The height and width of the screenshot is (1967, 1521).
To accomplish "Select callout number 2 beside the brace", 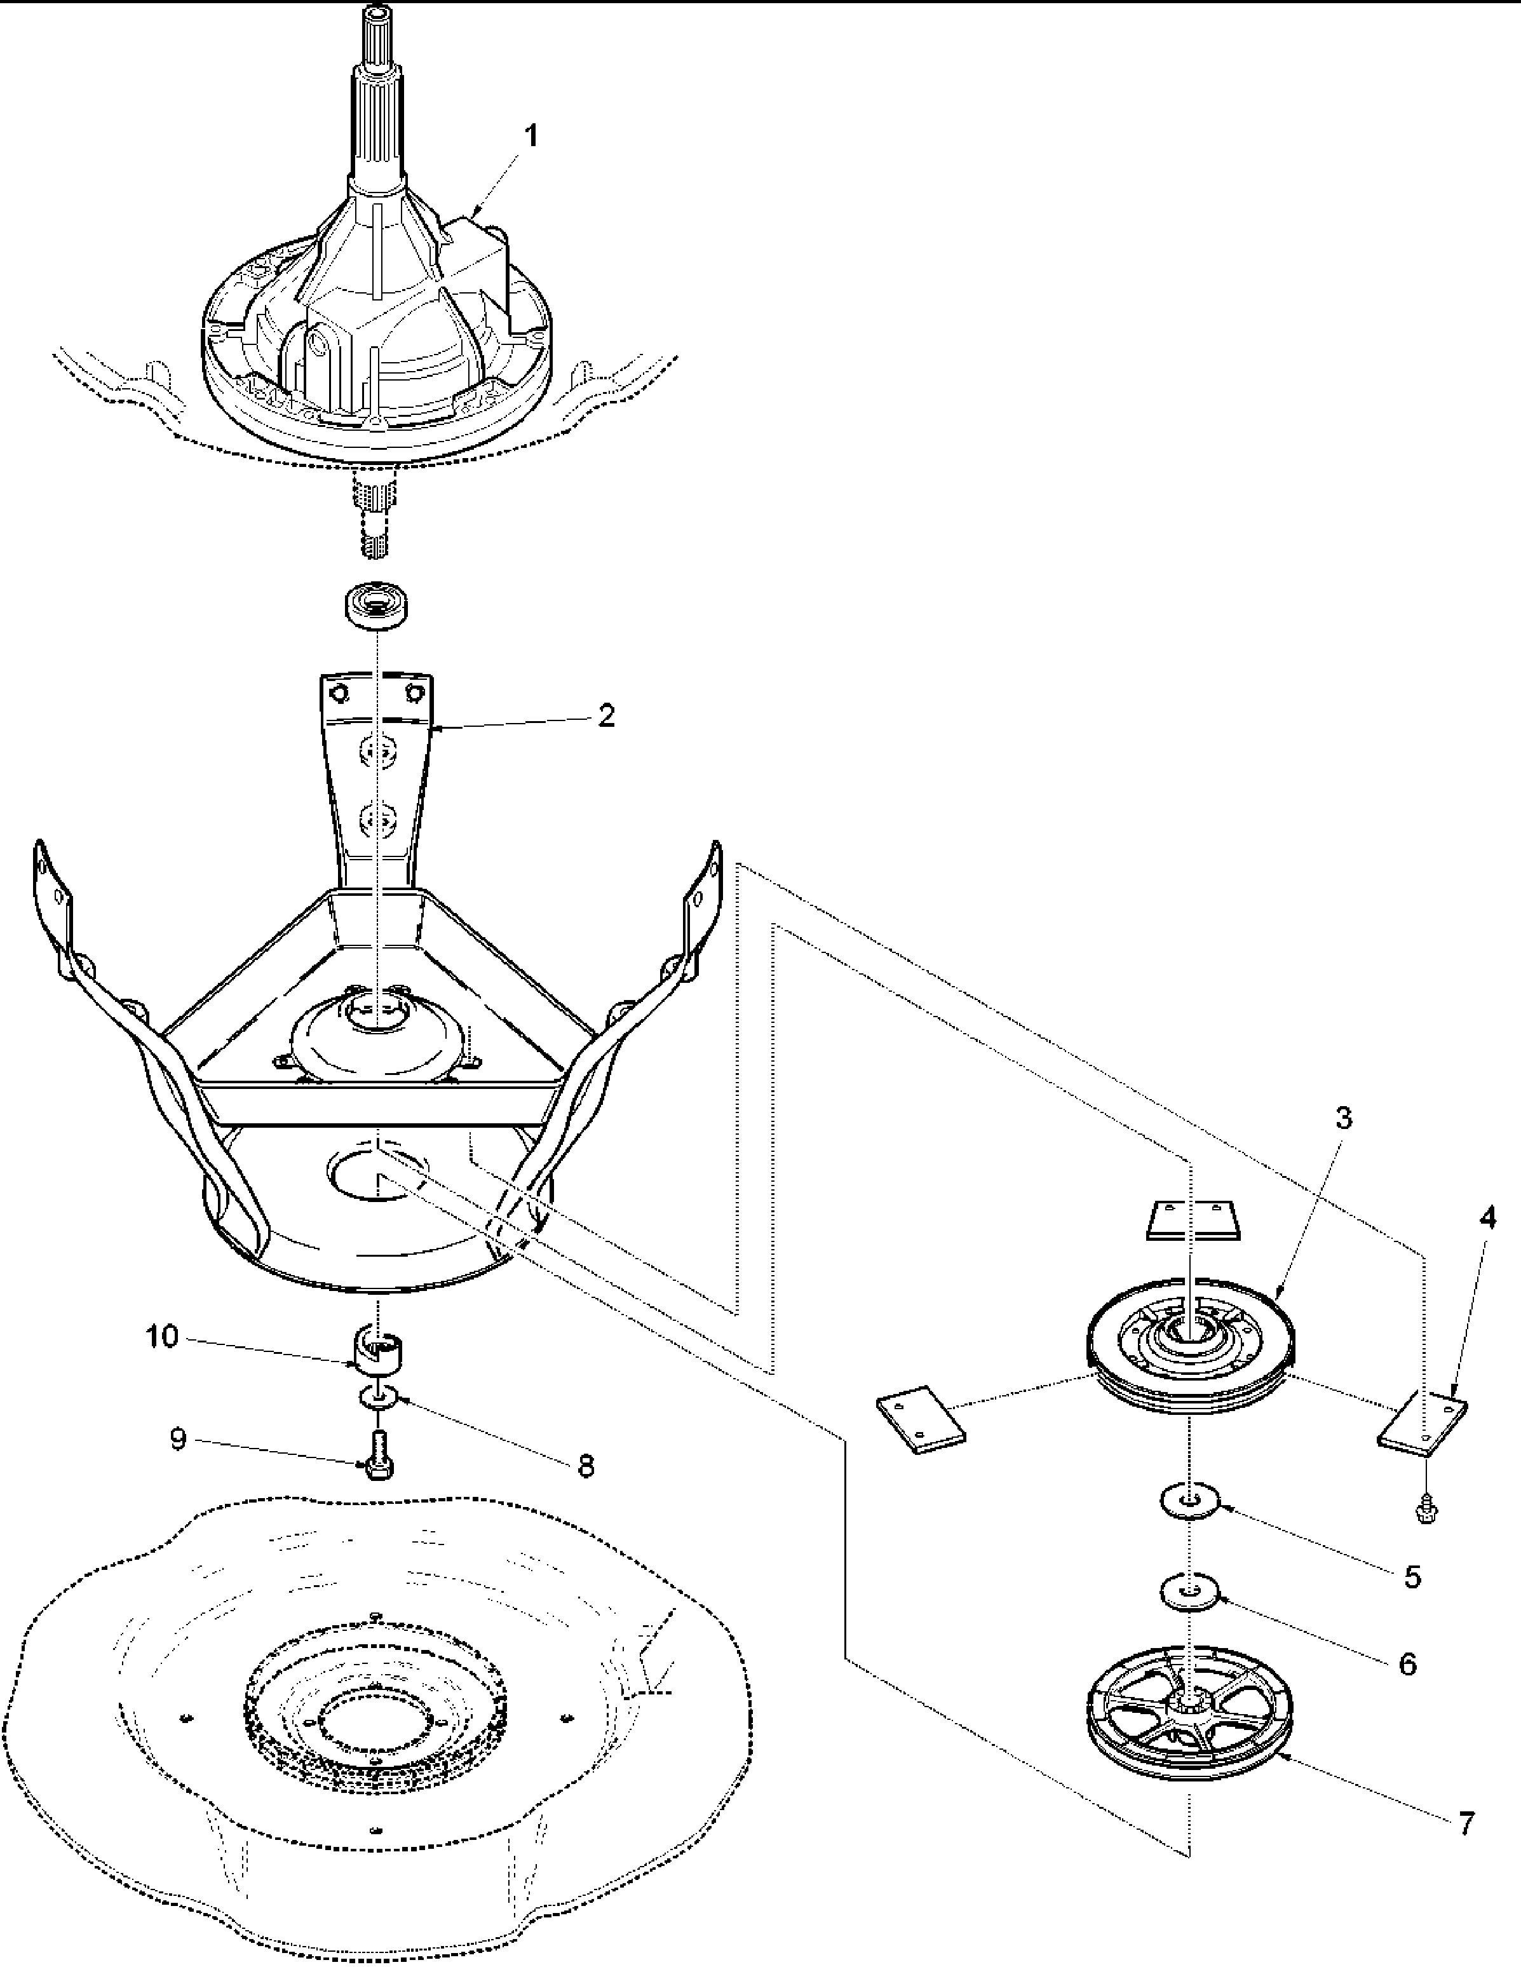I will [x=606, y=716].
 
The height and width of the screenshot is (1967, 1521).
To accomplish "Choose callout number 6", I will [x=1407, y=1663].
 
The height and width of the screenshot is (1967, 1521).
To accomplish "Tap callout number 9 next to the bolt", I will [x=179, y=1440].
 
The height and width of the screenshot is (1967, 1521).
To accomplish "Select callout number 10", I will [x=163, y=1337].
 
